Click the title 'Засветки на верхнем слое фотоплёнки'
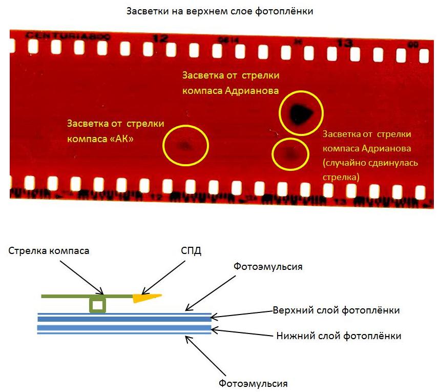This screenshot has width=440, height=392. [x=219, y=11]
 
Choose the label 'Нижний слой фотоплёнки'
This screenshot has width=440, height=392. [x=339, y=336]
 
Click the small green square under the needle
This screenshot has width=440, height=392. [x=97, y=306]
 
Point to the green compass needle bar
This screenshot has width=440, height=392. [x=67, y=296]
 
